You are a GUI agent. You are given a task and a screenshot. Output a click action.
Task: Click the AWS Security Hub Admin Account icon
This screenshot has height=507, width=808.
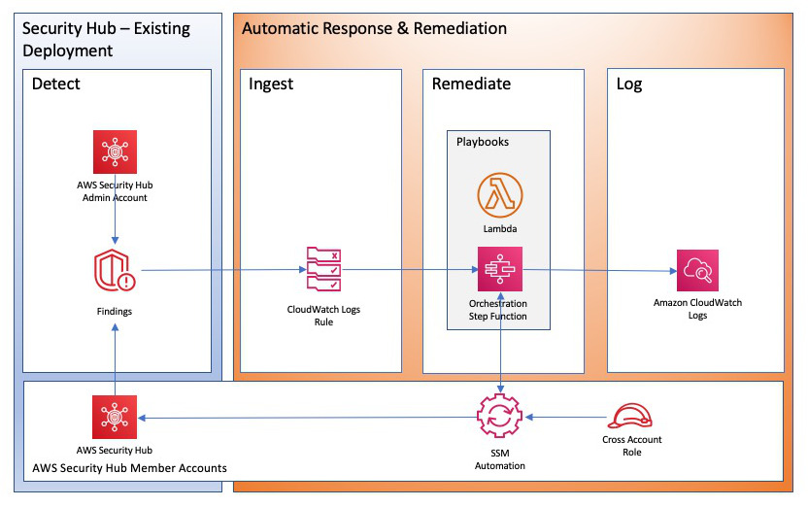(116, 151)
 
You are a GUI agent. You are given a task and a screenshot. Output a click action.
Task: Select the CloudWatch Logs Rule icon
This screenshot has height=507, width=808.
(323, 269)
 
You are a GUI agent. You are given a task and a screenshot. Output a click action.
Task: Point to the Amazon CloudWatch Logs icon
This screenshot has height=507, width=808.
(697, 269)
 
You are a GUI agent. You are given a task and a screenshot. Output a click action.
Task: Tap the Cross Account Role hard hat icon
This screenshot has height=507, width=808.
(631, 416)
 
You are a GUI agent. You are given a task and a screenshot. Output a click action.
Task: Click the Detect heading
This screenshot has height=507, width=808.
(56, 84)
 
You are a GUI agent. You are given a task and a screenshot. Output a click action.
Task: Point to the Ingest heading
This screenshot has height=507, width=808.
(272, 84)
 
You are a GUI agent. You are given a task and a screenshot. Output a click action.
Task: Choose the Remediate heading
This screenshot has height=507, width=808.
(471, 84)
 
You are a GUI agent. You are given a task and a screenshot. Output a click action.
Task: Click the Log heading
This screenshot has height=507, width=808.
(629, 84)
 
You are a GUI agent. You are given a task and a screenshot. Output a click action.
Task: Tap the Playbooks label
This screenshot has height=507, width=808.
(483, 142)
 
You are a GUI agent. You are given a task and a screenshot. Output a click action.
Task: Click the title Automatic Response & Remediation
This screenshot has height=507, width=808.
(374, 29)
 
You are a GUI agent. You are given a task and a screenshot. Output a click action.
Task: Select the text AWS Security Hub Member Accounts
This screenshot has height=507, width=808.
(129, 468)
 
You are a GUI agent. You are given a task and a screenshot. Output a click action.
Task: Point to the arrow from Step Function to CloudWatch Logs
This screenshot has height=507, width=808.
(598, 270)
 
